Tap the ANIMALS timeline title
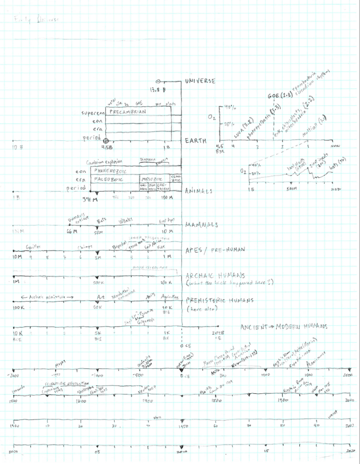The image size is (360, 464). point(199,191)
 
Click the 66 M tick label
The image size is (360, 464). point(73,232)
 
